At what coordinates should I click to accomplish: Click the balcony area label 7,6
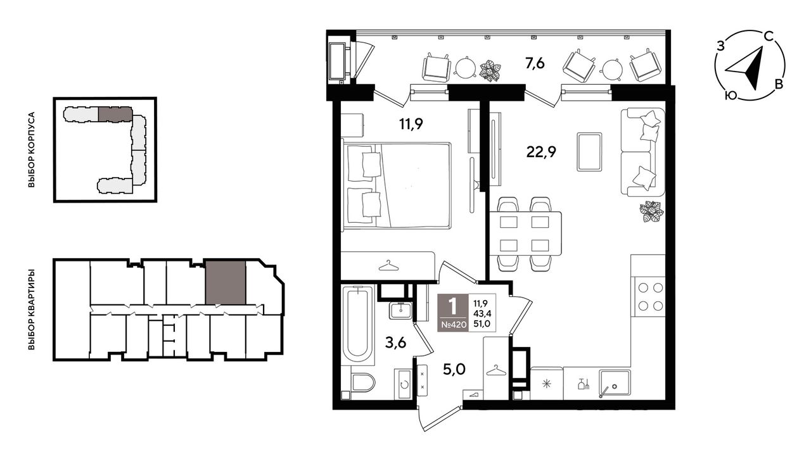535,64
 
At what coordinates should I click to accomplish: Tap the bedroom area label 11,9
411,125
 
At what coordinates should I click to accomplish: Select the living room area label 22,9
541,153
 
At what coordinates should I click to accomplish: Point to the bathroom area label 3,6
395,342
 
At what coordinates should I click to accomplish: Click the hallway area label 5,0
454,370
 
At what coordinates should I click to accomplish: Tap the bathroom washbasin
400,311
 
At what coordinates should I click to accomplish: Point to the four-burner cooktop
650,297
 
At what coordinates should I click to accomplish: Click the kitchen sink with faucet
615,384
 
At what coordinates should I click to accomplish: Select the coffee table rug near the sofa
589,151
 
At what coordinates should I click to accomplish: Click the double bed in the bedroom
397,185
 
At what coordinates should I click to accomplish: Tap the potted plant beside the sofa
651,211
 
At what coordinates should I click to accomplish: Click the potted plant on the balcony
490,70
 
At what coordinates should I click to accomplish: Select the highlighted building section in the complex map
115,114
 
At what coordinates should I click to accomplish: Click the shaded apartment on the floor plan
226,282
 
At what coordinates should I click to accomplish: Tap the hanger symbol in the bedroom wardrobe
388,266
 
